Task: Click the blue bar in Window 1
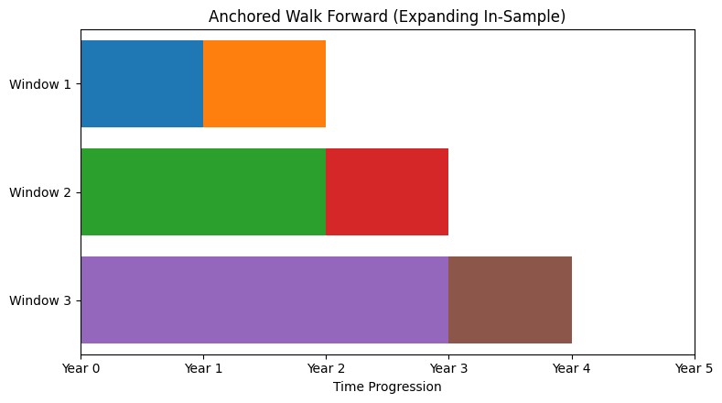coord(142,83)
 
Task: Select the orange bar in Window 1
coord(264,83)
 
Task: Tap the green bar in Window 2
coord(203,191)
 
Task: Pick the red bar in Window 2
coord(387,191)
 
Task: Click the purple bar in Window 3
coord(264,300)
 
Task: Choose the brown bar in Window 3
coord(510,300)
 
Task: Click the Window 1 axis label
coord(40,84)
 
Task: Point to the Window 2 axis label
coord(40,192)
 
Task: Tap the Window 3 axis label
coord(40,300)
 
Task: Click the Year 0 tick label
coord(81,368)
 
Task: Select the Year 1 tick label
coord(203,368)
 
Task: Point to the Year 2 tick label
coord(326,368)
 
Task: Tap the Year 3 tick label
coord(448,368)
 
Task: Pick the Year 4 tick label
coord(571,368)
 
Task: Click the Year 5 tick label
coord(694,368)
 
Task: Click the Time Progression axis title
coord(387,387)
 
